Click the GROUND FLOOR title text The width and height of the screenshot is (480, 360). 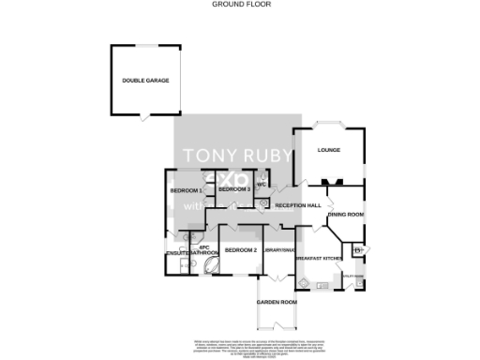click(x=240, y=5)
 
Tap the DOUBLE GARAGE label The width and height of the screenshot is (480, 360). click(x=144, y=81)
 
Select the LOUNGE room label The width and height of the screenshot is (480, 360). click(x=328, y=150)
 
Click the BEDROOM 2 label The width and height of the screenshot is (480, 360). click(x=241, y=249)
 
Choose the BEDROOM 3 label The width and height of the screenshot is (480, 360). click(x=234, y=190)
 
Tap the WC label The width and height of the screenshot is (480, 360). click(x=262, y=185)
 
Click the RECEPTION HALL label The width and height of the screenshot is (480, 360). click(x=298, y=205)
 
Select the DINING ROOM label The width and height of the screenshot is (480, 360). click(x=345, y=215)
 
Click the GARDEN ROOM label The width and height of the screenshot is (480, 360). click(x=277, y=302)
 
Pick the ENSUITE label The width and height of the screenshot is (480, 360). click(x=178, y=253)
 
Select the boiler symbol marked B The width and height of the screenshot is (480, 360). click(x=358, y=250)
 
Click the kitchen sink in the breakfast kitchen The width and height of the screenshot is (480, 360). click(x=323, y=282)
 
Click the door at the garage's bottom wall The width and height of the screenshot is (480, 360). click(x=143, y=116)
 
